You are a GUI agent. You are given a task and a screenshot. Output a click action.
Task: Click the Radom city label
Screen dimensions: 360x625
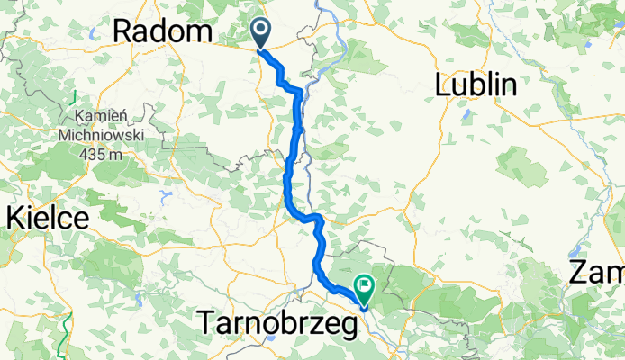point(162,32)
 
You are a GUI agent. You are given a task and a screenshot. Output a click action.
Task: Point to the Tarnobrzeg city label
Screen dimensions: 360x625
point(277,321)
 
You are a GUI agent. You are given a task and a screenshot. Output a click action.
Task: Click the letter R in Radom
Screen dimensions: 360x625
point(122,32)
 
